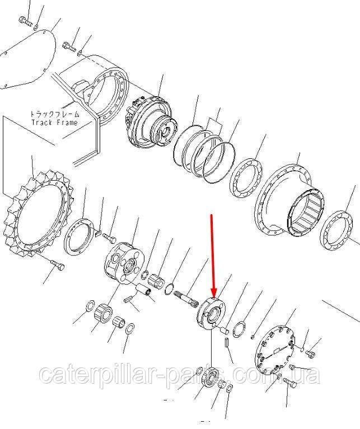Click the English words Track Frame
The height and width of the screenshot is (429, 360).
click(x=54, y=122)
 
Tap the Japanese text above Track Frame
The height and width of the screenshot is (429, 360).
click(x=54, y=114)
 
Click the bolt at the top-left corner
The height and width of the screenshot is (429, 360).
click(x=24, y=21)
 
